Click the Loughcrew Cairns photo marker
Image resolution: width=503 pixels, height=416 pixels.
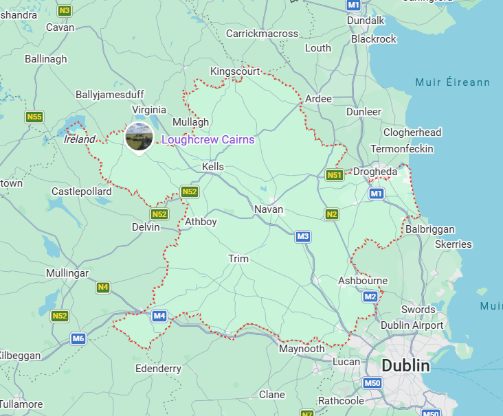139,137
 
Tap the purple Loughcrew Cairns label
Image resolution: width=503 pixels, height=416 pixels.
208,140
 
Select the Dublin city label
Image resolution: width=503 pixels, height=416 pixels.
405,365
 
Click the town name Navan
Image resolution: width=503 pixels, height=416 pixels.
269,209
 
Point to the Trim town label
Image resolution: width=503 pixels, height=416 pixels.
238,259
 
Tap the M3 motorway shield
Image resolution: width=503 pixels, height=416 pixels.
303,237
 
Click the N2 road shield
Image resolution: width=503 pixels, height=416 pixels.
332,214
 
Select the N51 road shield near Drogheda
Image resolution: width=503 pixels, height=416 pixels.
335,175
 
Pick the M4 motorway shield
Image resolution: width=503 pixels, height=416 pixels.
159,316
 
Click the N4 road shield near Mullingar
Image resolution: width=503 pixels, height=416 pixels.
103,287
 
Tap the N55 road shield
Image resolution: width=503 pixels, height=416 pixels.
34,117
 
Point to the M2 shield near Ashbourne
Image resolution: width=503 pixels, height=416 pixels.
370,297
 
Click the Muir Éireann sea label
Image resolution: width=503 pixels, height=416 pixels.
453,82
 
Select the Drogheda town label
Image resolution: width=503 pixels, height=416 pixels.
375,172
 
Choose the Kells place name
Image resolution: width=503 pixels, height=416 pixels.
213,167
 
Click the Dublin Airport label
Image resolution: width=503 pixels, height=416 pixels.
412,325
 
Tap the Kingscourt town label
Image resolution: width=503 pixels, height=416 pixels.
235,71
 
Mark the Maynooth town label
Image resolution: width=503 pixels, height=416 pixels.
302,349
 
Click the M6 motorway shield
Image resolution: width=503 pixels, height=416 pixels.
78,338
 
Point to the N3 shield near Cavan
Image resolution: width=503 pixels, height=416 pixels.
65,10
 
